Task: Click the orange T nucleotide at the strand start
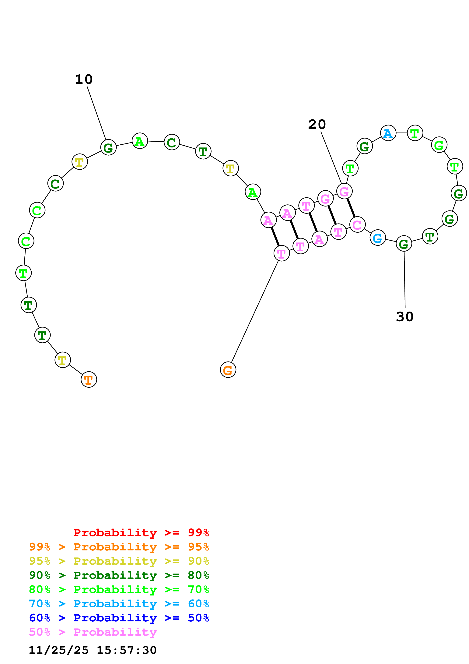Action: (89, 380)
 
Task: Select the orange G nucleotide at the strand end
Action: (228, 370)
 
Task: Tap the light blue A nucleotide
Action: (388, 133)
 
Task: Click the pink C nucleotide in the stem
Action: (357, 224)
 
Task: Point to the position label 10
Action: (84, 79)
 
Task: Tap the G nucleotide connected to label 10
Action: (108, 147)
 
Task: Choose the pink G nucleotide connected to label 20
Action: (344, 191)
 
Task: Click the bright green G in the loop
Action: (439, 145)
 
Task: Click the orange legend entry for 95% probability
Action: (119, 547)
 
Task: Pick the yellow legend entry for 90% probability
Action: (119, 561)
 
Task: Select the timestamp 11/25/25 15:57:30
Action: (93, 650)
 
